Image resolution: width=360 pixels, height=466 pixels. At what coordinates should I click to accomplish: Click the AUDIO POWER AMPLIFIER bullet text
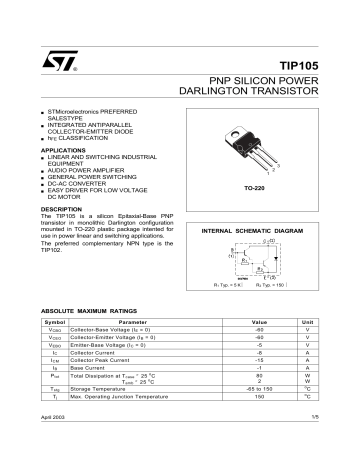(88, 173)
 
